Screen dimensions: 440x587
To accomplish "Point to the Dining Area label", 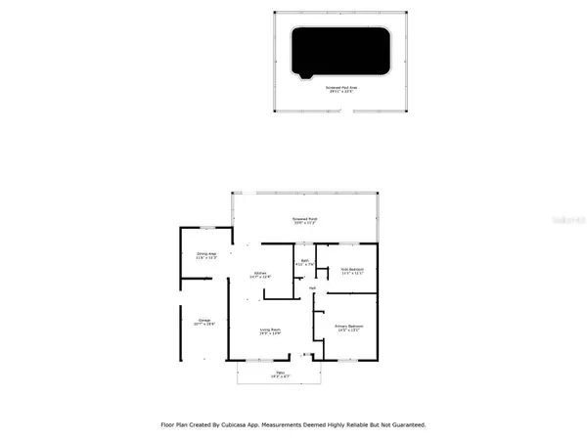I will tap(206, 256).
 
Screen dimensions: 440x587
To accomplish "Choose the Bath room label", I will tap(304, 262).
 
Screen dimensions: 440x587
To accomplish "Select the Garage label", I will tap(204, 321).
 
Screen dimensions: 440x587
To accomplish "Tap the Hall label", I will tap(312, 288).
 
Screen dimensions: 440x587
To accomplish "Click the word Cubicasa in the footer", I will tap(249, 425).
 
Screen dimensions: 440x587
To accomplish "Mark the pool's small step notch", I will tap(307, 76).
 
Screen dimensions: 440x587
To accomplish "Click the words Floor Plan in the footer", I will tap(177, 425).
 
